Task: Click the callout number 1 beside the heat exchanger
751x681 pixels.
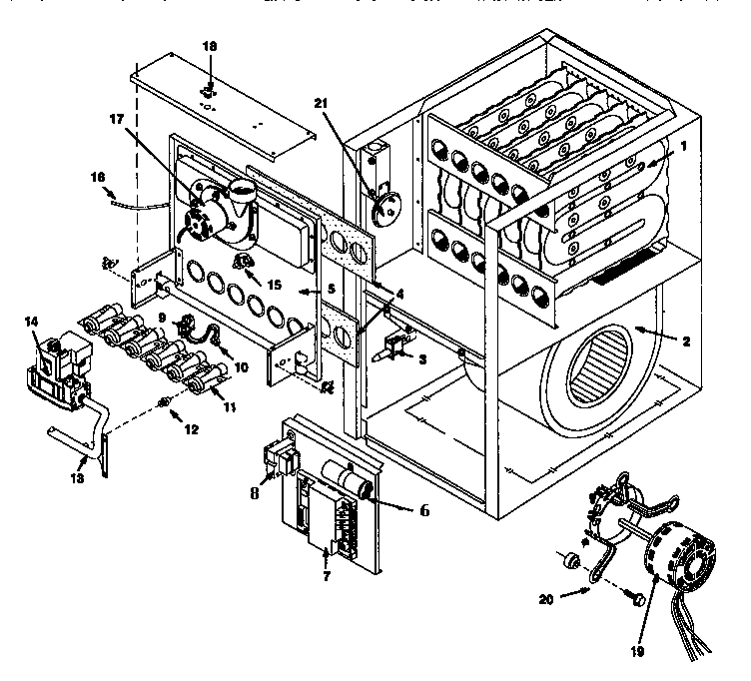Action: click(x=683, y=144)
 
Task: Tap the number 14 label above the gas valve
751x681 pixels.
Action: click(x=30, y=322)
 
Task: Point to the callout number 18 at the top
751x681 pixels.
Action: click(x=209, y=47)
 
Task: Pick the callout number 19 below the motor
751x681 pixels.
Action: click(x=637, y=650)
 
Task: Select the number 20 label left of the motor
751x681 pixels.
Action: click(x=545, y=600)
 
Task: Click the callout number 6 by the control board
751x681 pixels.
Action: click(x=423, y=508)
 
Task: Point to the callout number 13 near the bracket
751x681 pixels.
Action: click(x=82, y=462)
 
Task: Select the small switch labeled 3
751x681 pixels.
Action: click(x=393, y=349)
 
